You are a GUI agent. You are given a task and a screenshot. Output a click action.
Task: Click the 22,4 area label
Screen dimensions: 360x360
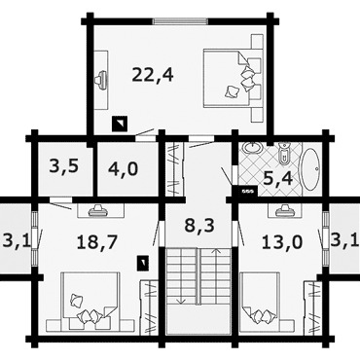click(x=153, y=75)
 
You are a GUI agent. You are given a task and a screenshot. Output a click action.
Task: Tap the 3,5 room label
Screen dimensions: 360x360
click(x=64, y=166)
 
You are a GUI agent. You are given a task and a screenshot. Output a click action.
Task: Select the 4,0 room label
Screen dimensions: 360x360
click(x=124, y=168)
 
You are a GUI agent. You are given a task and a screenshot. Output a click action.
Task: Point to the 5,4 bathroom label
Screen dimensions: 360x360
click(x=278, y=178)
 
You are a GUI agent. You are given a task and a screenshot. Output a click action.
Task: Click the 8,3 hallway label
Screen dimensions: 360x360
click(x=199, y=225)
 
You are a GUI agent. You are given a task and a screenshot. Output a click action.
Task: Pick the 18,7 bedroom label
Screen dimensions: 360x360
click(x=96, y=242)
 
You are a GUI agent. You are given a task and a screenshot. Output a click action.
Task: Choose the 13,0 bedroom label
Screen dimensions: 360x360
click(x=282, y=242)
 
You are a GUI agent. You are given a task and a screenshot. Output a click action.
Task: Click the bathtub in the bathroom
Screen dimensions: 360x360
click(x=311, y=169)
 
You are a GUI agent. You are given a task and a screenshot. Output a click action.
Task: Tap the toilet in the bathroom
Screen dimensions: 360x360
click(x=284, y=152)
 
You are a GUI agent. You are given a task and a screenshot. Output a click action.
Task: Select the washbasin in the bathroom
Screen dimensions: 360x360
click(x=253, y=148)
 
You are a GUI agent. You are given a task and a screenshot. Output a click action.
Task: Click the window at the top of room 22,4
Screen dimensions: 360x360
click(x=180, y=21)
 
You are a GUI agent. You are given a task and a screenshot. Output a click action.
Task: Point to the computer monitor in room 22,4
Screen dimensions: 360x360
click(x=101, y=80)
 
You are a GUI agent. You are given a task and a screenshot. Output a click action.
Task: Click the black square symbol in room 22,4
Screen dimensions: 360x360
click(x=120, y=124)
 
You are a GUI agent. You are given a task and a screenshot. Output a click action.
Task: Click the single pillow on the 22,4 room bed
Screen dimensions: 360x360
click(x=233, y=91)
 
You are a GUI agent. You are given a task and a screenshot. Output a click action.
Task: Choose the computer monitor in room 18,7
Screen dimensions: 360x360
click(x=98, y=210)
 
